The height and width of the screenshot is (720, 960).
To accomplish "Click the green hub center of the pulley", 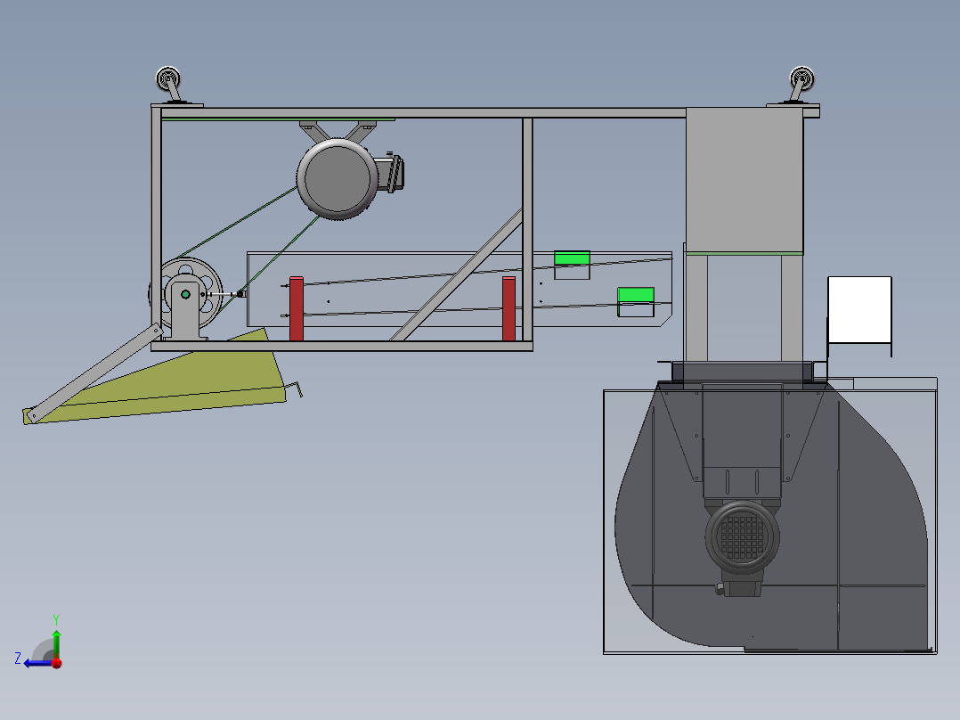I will tap(185, 294).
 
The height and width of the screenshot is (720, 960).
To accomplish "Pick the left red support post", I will tap(296, 308).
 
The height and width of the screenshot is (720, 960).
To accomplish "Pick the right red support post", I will tap(508, 308).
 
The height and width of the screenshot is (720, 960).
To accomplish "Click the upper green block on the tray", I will tap(571, 258).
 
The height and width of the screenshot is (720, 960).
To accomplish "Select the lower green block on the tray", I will tap(636, 295).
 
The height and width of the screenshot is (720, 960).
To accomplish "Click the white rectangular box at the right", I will tap(859, 309).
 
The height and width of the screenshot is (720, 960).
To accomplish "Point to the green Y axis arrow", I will tap(56, 639).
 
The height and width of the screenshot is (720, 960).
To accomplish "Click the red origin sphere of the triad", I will tap(56, 662).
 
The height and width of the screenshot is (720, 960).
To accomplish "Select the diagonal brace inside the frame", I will tap(456, 274).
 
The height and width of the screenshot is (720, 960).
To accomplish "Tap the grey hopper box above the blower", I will tap(744, 178).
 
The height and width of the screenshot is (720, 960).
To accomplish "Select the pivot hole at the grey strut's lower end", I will tap(33, 414).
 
